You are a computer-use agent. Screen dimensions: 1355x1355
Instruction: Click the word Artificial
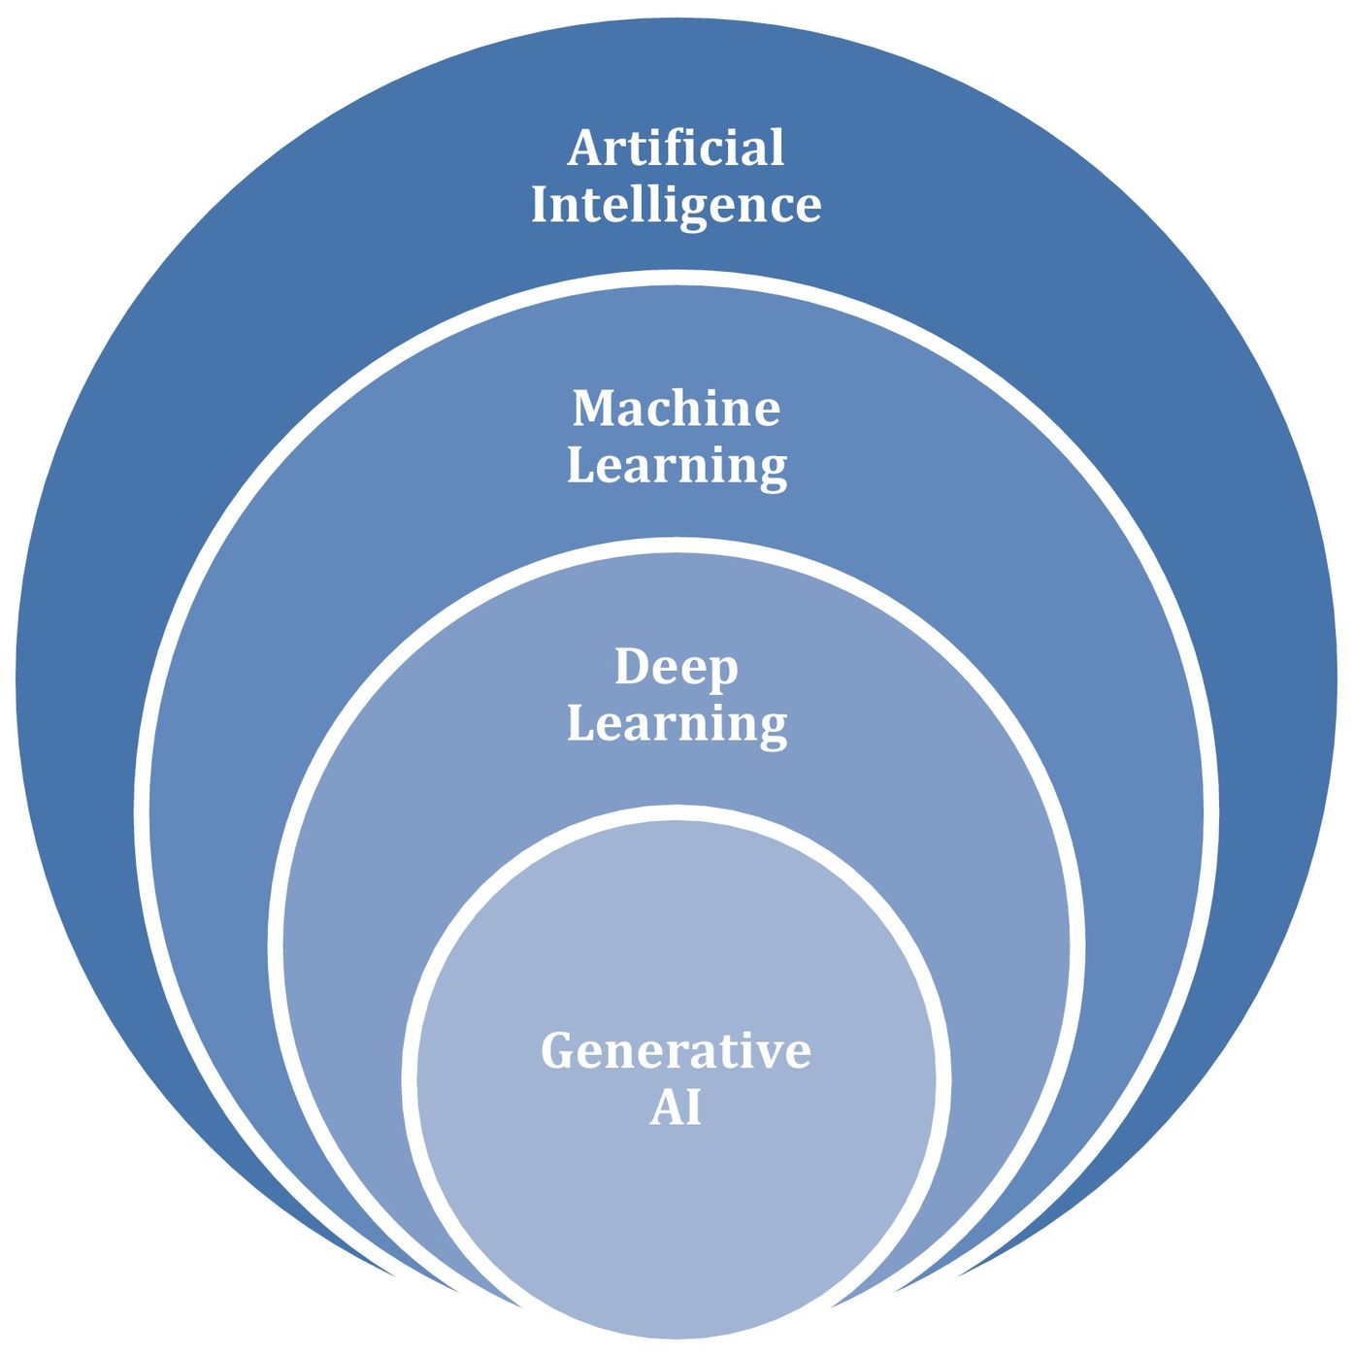click(676, 149)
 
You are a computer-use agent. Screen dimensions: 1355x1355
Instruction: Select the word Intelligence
click(676, 206)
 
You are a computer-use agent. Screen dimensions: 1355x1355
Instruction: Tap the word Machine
click(676, 408)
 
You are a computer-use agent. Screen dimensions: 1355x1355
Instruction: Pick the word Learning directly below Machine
click(676, 466)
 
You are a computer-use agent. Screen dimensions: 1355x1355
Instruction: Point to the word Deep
click(676, 669)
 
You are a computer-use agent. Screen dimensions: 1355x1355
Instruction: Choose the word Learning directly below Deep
click(676, 725)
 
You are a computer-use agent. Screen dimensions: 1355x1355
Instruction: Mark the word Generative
click(676, 1051)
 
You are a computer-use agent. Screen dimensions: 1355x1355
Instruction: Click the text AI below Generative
click(676, 1108)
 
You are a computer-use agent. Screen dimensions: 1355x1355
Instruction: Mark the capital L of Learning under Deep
click(580, 723)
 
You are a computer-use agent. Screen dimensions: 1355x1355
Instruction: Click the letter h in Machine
click(688, 408)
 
